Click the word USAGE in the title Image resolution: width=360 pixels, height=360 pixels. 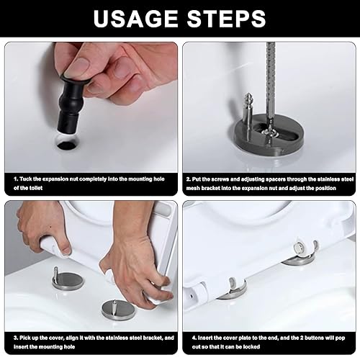pyautogui.click(x=135, y=18)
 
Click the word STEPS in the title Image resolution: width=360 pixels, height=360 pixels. pyautogui.click(x=226, y=18)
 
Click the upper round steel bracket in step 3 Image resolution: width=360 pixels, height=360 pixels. pyautogui.click(x=68, y=281)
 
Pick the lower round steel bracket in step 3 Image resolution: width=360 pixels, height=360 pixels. pyautogui.click(x=118, y=310)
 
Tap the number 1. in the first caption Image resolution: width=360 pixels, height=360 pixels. pyautogui.click(x=16, y=179)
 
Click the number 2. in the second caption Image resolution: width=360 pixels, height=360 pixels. pyautogui.click(x=189, y=179)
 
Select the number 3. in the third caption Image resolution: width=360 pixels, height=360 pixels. pyautogui.click(x=16, y=338)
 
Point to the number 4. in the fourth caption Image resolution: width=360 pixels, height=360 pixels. pyautogui.click(x=194, y=338)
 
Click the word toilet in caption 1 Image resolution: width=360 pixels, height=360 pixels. pyautogui.click(x=35, y=188)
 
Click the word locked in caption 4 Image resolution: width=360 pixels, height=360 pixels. pyautogui.click(x=251, y=347)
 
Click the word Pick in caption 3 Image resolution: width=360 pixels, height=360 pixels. pyautogui.click(x=25, y=338)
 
